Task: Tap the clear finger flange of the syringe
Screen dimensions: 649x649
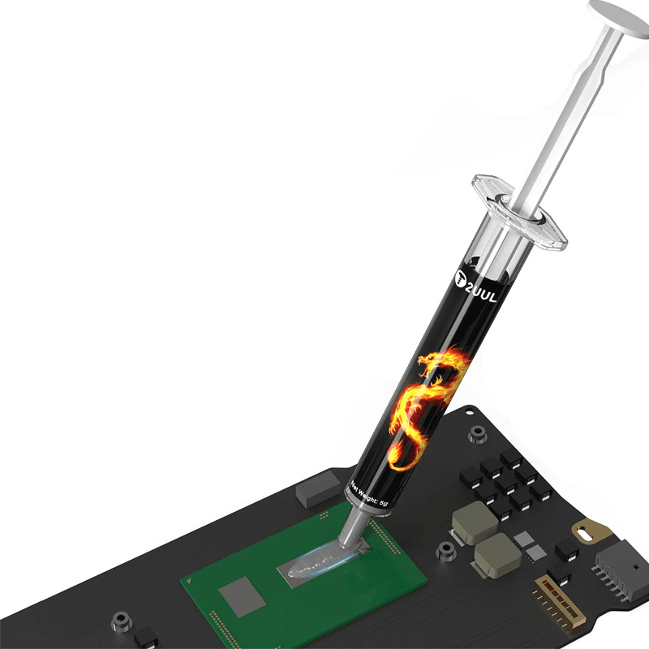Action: coord(519,213)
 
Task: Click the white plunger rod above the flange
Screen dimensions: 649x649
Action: coord(568,122)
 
